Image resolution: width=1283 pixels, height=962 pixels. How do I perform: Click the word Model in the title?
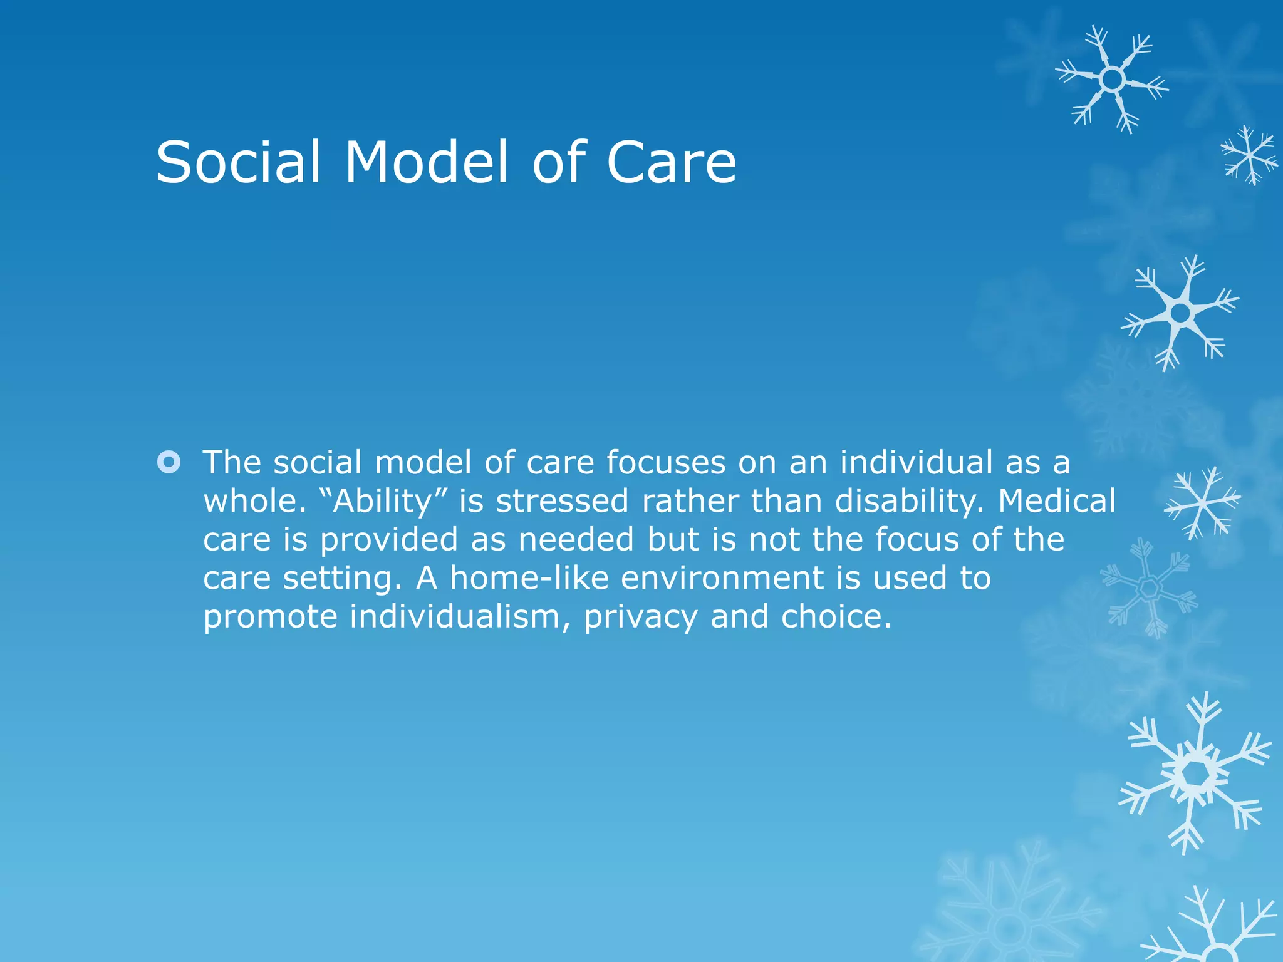click(x=426, y=162)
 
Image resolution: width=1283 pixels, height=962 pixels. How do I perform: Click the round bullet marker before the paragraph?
click(x=169, y=463)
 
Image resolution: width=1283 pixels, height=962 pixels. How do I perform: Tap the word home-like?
click(x=529, y=578)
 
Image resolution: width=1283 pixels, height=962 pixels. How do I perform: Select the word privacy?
click(x=640, y=617)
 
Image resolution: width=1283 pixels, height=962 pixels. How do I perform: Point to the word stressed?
click(x=562, y=501)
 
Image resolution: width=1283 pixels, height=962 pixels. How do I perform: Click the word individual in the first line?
click(x=917, y=463)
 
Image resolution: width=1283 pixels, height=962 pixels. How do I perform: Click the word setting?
click(x=341, y=578)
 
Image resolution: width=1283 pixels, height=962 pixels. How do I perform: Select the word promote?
click(x=271, y=617)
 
